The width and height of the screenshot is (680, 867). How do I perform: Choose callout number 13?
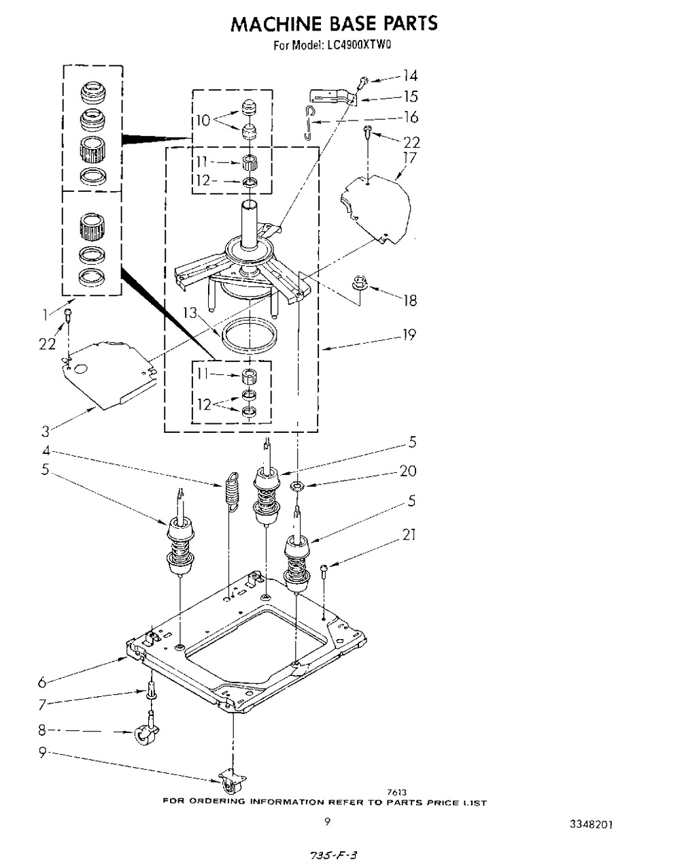(x=190, y=312)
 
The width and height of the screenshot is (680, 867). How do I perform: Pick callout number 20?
(x=408, y=471)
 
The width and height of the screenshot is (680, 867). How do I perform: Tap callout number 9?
(x=42, y=753)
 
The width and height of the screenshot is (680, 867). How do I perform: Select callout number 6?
(x=43, y=683)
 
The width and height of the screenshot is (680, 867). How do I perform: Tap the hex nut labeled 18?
(x=359, y=283)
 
